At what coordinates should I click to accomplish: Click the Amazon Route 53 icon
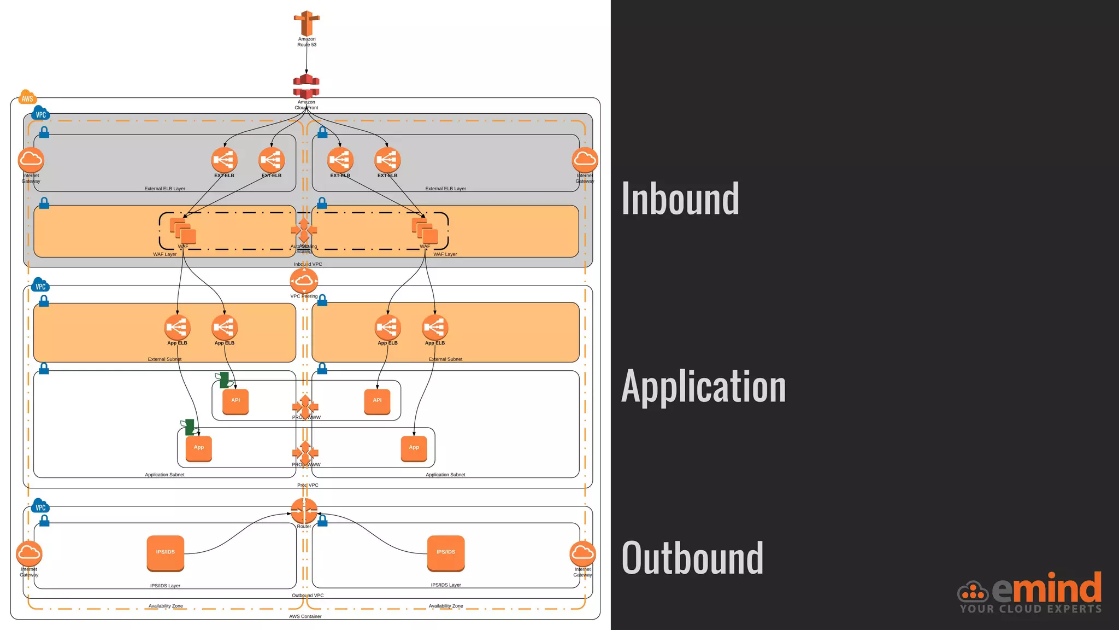click(x=307, y=23)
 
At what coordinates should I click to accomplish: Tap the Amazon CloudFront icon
click(x=306, y=86)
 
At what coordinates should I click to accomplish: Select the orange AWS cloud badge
click(x=27, y=98)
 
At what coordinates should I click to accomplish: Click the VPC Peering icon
click(x=304, y=281)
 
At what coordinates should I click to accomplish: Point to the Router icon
click(x=304, y=511)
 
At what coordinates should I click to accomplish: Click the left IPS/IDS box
click(x=166, y=552)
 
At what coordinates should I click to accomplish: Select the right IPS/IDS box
click(x=446, y=552)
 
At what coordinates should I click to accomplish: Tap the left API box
click(x=235, y=401)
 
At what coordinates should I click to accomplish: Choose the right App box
click(x=414, y=448)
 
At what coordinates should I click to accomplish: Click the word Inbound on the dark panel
click(x=680, y=199)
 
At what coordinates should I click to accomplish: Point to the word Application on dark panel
click(x=703, y=386)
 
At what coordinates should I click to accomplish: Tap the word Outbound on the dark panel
click(x=692, y=558)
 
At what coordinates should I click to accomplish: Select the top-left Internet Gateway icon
click(x=31, y=160)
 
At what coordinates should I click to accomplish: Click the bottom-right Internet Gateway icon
click(x=582, y=553)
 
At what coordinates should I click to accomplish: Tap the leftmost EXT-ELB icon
click(x=224, y=160)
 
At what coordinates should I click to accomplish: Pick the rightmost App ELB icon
click(x=435, y=327)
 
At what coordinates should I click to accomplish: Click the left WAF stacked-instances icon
click(x=182, y=230)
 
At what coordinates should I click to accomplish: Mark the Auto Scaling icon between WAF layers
click(x=304, y=230)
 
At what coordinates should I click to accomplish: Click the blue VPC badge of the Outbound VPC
click(x=40, y=506)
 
